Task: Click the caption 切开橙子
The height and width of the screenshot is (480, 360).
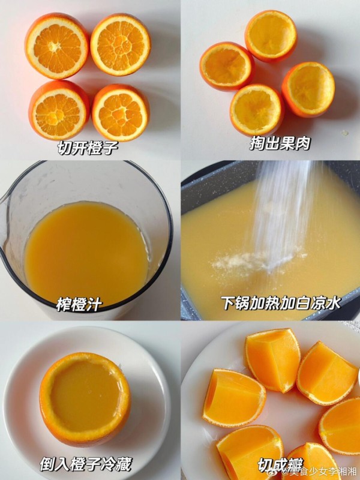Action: pos(88,148)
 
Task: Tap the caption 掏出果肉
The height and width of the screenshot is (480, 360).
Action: pos(280,143)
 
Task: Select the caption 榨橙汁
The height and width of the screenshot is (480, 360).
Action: pos(79,305)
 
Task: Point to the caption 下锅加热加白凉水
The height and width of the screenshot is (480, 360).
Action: pos(281,304)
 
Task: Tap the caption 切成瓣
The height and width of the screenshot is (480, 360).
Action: pos(280,465)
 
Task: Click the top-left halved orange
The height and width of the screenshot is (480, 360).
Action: pos(57,46)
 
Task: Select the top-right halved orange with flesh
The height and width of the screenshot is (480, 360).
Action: pos(121,44)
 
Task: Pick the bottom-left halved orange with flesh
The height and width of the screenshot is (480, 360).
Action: pos(59,110)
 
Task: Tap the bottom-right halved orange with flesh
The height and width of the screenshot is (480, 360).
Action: pos(121,113)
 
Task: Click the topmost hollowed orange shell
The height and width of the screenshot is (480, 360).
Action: pos(271,36)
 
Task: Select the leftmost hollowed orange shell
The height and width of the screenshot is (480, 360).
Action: pos(227,67)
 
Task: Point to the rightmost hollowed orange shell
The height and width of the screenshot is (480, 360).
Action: pos(308,89)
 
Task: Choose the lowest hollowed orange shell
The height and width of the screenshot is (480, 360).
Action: pos(257,110)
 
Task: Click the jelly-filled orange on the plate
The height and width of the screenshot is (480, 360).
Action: pos(85,398)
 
